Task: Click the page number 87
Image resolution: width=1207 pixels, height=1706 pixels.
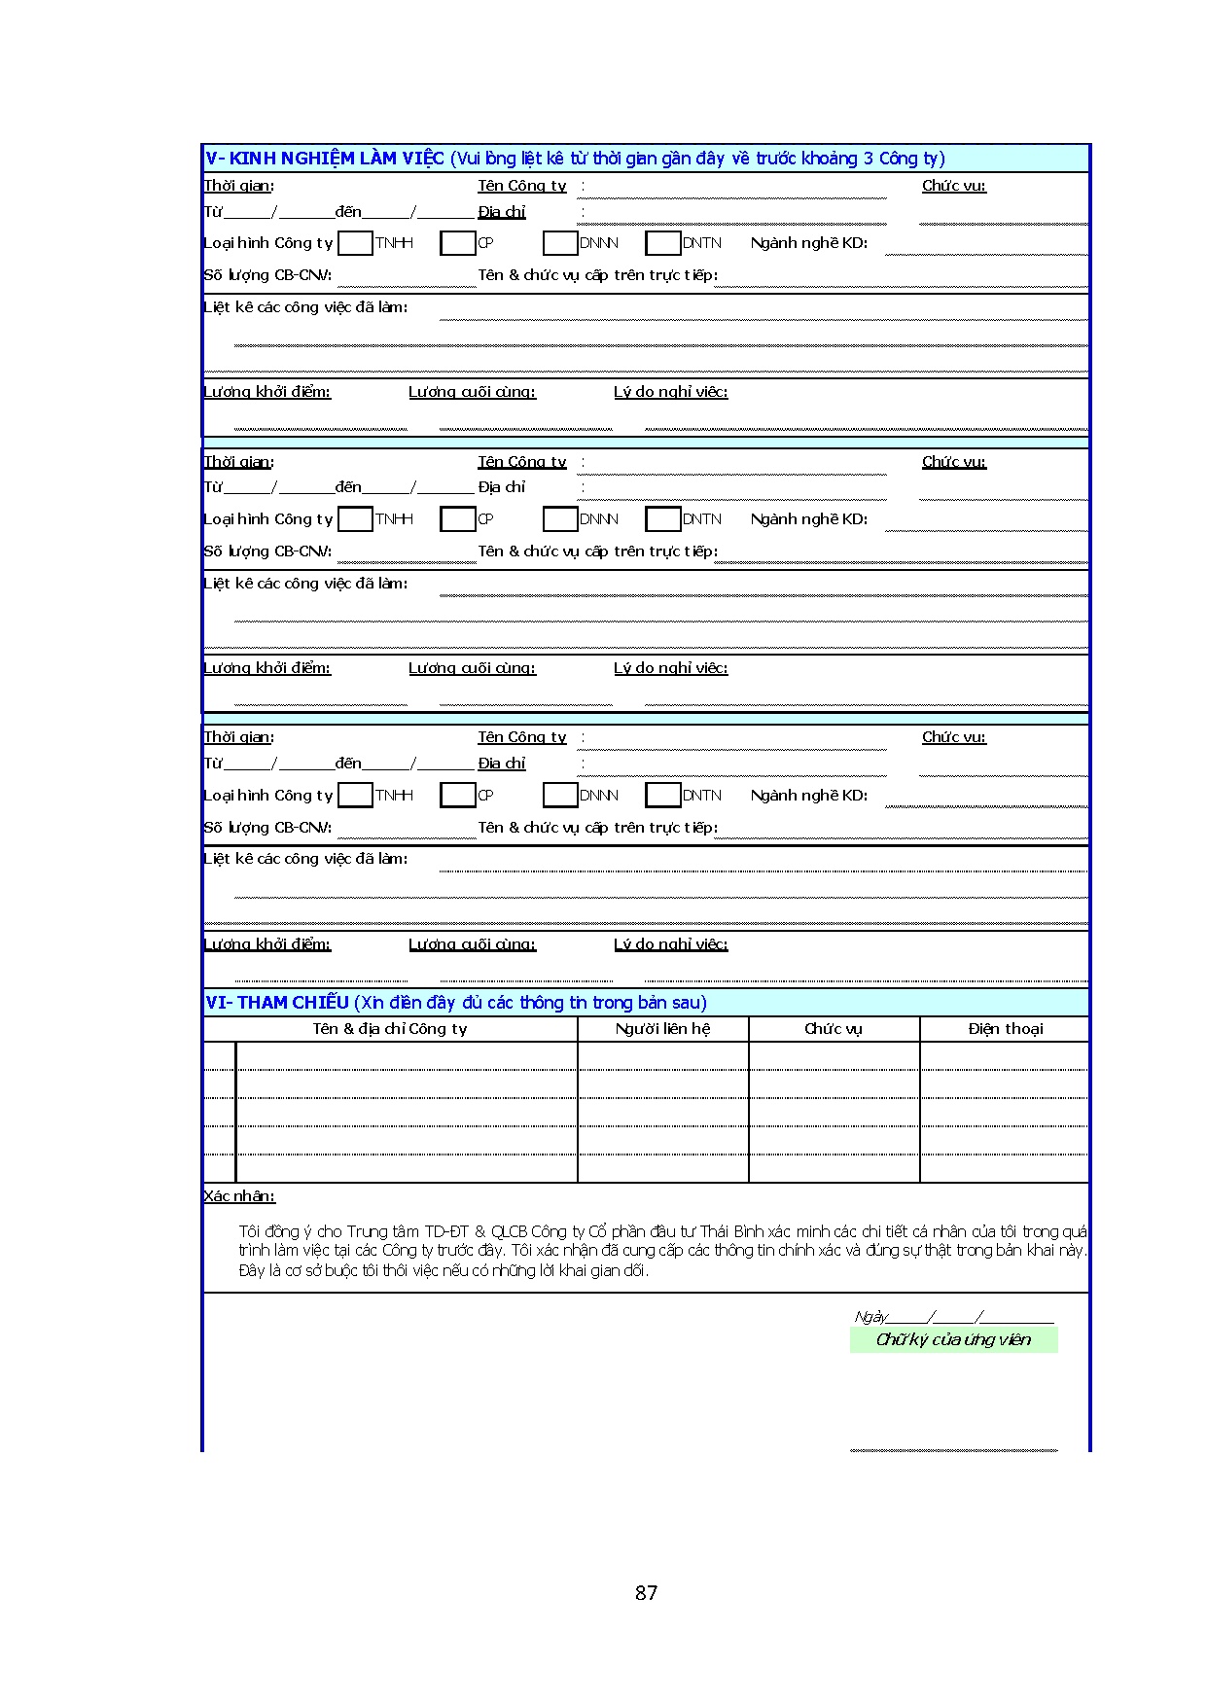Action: [646, 1592]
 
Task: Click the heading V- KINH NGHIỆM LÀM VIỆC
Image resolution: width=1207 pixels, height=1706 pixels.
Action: [325, 159]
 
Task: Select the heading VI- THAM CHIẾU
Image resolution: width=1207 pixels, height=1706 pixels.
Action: [277, 1003]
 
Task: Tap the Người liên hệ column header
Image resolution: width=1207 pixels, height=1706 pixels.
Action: [662, 1029]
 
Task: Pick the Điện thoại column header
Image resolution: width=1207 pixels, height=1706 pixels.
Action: [1005, 1029]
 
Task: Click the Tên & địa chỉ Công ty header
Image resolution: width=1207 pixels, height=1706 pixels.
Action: [389, 1029]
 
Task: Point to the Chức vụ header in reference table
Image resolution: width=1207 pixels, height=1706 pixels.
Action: [834, 1029]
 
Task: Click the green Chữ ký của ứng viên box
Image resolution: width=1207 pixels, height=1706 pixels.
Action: [953, 1340]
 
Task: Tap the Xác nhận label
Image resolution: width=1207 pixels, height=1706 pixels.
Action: [239, 1196]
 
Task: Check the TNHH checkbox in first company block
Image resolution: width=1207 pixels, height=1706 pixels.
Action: [355, 243]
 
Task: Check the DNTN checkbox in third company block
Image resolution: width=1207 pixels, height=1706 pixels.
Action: [662, 796]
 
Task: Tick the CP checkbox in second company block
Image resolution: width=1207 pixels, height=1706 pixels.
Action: [457, 519]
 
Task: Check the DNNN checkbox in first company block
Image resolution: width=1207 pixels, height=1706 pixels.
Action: [560, 243]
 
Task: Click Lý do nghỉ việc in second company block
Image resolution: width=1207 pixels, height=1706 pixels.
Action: [670, 668]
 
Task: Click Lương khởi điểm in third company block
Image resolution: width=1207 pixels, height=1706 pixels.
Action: [267, 944]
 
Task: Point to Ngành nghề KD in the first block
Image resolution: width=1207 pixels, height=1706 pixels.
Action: [808, 243]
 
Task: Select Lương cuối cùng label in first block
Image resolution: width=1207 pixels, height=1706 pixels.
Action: [472, 392]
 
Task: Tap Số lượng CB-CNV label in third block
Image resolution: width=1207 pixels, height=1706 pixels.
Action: [267, 828]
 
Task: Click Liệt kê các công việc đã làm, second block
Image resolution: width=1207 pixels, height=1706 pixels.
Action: [305, 584]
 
